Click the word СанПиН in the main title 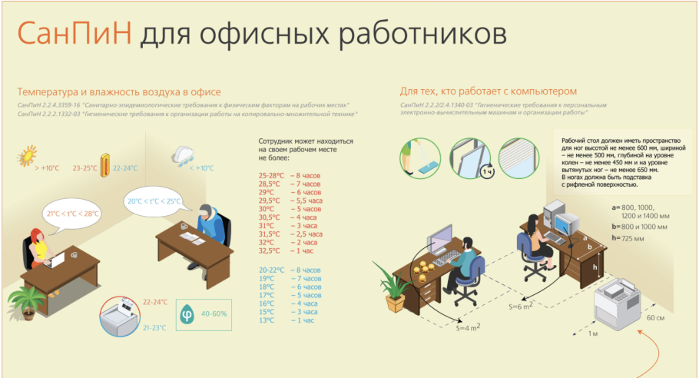tap(72, 33)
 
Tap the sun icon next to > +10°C tap(29, 154)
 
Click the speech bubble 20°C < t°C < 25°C tap(154, 201)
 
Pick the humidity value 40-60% tap(215, 313)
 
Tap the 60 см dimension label tap(655, 317)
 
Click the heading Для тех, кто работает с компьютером tap(486, 91)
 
